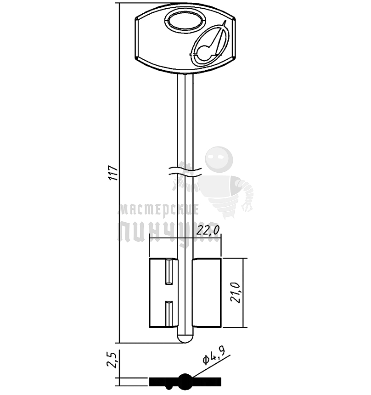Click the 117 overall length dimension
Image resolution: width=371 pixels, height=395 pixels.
pyautogui.click(x=113, y=173)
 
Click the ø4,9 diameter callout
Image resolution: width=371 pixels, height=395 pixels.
pyautogui.click(x=214, y=360)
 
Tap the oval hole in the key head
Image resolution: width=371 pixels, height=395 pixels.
pyautogui.click(x=184, y=21)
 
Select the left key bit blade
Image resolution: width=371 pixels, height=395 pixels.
pyautogui.click(x=158, y=293)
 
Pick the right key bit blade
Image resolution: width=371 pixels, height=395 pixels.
pyautogui.click(x=207, y=293)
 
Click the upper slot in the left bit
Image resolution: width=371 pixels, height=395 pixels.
pyautogui.click(x=169, y=271)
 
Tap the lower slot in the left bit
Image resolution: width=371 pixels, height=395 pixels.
pyautogui.click(x=169, y=314)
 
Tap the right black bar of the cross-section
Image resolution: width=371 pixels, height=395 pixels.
pyautogui.click(x=208, y=381)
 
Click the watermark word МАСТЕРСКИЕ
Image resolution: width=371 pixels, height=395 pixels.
pyautogui.click(x=158, y=210)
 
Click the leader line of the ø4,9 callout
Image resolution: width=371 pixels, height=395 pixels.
pyautogui.click(x=211, y=367)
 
